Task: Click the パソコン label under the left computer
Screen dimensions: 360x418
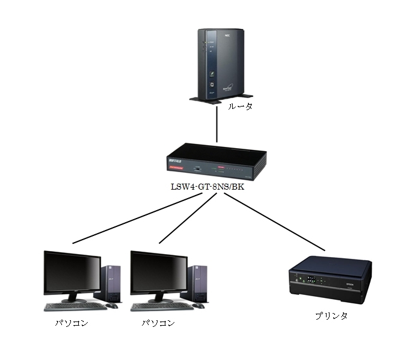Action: tap(72, 323)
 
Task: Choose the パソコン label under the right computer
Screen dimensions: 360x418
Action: tap(158, 323)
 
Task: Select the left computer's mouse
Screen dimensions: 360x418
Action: tap(112, 306)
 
